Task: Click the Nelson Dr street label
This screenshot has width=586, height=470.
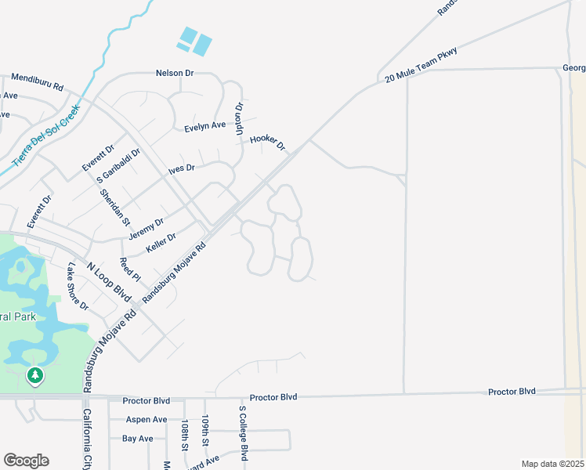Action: [175, 73]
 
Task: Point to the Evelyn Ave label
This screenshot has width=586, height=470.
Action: [205, 125]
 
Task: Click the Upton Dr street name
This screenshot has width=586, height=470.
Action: [240, 117]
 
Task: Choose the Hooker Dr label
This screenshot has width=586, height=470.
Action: [267, 142]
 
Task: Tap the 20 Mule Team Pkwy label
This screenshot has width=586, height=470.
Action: [421, 65]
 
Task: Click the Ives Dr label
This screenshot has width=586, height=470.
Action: [181, 168]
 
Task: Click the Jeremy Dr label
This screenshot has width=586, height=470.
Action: [146, 228]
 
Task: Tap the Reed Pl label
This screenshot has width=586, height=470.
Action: [130, 269]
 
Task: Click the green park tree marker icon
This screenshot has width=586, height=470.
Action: [34, 376]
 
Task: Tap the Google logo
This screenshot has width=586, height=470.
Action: [26, 461]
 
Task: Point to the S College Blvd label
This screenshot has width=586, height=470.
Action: [243, 433]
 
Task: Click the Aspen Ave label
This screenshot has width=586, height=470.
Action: [145, 420]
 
